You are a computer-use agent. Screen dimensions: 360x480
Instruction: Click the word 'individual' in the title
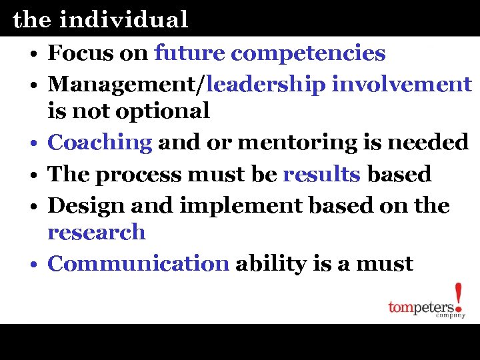123,20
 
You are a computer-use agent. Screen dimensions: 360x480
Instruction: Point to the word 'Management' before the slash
125,85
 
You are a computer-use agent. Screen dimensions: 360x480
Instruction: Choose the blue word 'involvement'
402,85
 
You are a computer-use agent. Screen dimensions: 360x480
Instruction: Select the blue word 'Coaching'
101,142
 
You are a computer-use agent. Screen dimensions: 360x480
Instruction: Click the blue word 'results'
322,175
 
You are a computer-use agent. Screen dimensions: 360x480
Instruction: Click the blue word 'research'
96,232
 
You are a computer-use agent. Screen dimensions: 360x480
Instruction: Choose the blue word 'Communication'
138,264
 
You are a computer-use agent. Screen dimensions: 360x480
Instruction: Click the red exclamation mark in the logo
458,297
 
